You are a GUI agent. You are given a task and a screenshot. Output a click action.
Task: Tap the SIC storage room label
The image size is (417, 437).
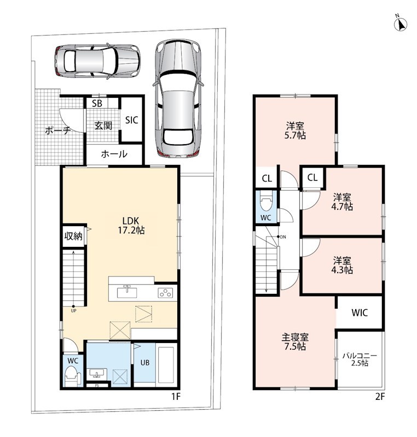(x=131, y=120)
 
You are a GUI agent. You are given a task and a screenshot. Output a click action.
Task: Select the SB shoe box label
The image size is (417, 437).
(x=97, y=103)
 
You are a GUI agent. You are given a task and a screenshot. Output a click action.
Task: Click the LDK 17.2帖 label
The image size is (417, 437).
(x=131, y=226)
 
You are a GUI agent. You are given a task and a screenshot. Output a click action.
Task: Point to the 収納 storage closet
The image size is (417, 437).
(x=73, y=236)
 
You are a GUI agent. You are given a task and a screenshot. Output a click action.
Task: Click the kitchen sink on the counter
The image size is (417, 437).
(x=127, y=292)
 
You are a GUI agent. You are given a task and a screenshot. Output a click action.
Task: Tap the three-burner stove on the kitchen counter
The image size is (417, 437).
(x=165, y=293)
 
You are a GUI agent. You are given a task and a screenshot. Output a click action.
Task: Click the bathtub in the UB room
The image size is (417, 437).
(x=166, y=364)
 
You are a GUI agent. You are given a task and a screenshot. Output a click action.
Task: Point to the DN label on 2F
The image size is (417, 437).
(x=283, y=237)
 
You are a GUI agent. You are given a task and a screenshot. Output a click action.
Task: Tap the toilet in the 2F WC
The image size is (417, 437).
(x=266, y=203)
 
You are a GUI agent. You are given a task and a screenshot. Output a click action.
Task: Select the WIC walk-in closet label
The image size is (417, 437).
(x=360, y=312)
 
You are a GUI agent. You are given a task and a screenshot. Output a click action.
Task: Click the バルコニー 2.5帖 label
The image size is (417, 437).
(x=360, y=359)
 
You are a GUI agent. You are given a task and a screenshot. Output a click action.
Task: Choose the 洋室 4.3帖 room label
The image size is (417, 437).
(x=342, y=265)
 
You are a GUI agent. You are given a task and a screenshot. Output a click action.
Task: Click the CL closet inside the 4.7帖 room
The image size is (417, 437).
(x=312, y=177)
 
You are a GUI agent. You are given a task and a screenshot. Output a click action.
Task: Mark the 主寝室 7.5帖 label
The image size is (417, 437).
(x=295, y=342)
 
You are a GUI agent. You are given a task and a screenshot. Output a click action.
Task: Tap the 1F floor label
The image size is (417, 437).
(x=176, y=396)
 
